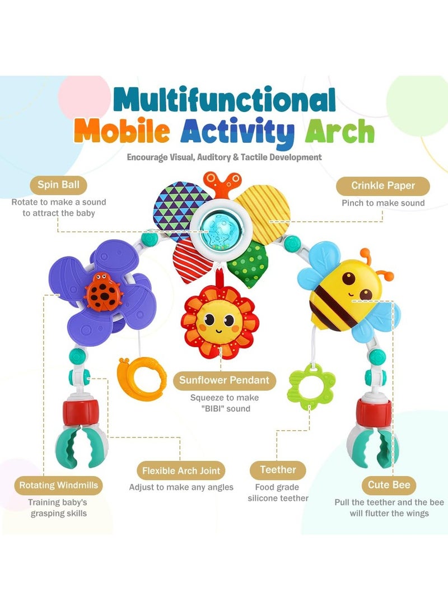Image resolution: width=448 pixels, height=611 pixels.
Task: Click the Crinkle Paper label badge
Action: tap(383, 185)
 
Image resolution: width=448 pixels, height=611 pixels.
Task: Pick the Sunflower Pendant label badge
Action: tap(224, 380)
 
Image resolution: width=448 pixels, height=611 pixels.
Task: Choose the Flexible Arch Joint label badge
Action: tap(181, 470)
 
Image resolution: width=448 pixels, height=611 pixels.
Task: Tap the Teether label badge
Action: tap(278, 469)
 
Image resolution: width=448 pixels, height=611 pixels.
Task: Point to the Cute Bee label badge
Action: tap(389, 484)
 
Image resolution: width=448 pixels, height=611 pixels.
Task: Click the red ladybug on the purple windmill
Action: tap(101, 289)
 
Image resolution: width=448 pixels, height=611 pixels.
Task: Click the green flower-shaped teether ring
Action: tap(311, 383)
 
